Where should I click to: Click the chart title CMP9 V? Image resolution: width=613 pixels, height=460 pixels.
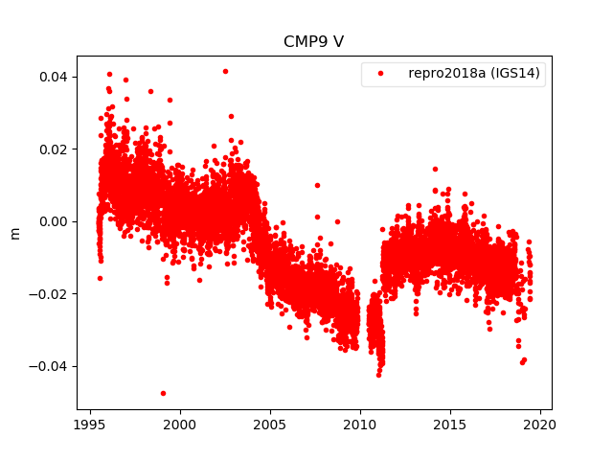(x=313, y=42)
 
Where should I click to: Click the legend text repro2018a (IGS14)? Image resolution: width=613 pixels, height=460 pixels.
(x=476, y=74)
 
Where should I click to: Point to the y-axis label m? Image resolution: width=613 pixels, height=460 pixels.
(x=14, y=233)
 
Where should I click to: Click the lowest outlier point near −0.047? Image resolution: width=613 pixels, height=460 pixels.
(x=163, y=393)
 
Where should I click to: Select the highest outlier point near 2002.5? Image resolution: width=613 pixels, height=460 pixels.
(x=225, y=71)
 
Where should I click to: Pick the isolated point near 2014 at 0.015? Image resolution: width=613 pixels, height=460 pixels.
(x=435, y=169)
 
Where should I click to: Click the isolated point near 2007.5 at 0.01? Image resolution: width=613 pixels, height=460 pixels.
(x=317, y=185)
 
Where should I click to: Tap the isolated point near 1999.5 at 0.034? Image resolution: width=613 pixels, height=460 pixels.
(x=170, y=100)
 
